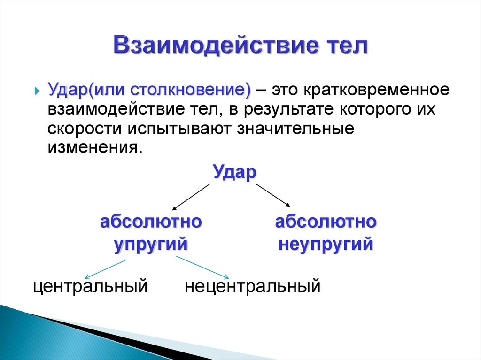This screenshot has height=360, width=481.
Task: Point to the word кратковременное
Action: click(365, 90)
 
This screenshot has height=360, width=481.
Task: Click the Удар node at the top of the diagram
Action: click(234, 172)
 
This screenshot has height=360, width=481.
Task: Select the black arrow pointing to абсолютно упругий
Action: click(191, 197)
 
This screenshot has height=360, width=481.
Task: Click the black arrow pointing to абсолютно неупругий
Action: click(272, 195)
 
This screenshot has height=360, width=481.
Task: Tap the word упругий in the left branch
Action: click(151, 245)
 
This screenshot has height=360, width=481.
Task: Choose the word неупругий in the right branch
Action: click(326, 245)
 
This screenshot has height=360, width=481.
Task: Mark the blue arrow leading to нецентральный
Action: click(202, 268)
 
